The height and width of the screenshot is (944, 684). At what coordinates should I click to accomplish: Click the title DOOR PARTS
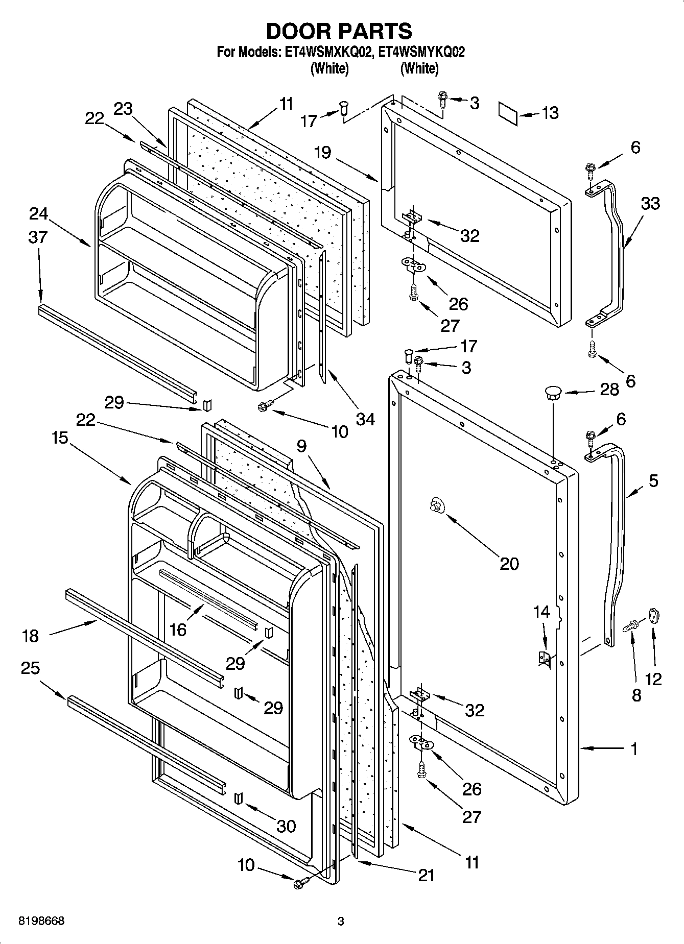[x=339, y=31]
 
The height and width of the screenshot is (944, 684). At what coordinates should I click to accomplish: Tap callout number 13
[x=550, y=112]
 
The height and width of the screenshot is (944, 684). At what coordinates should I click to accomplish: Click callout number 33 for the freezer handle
[x=650, y=203]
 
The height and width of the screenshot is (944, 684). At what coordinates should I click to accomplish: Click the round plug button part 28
[x=553, y=393]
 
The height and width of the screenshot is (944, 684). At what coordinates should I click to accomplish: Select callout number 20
[x=509, y=563]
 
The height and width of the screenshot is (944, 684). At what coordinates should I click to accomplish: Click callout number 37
[x=38, y=237]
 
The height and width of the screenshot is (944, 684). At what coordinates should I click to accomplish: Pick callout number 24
[x=38, y=213]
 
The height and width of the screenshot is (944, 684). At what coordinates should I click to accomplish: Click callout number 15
[x=60, y=438]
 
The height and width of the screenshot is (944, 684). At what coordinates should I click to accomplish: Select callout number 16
[x=178, y=630]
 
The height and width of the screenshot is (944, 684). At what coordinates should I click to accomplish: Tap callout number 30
[x=286, y=826]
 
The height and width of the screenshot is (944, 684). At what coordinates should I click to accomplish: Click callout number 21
[x=426, y=875]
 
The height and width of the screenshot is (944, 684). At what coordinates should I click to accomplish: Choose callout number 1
[x=633, y=749]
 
